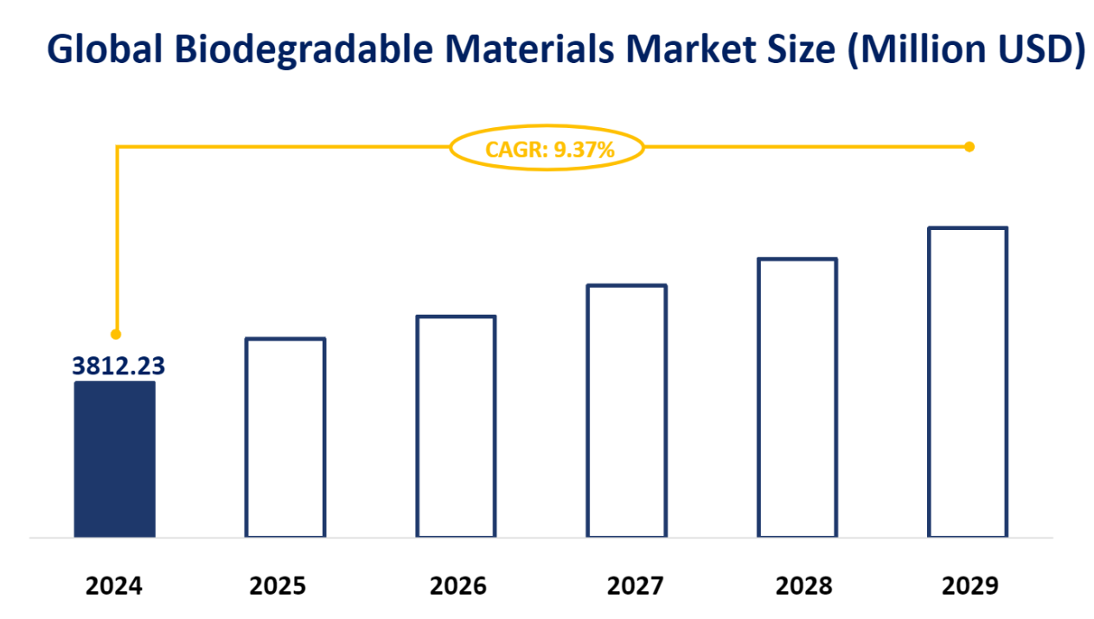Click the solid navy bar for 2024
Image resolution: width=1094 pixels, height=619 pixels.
(x=115, y=459)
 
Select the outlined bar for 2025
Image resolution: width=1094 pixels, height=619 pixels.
(x=285, y=437)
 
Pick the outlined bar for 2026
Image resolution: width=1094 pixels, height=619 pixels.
(x=456, y=426)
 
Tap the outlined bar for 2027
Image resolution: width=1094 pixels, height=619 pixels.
(x=627, y=411)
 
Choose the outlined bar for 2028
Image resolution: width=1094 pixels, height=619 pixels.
(x=797, y=398)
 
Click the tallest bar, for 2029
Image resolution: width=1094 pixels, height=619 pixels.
(x=968, y=382)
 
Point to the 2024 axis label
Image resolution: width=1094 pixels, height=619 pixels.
(x=115, y=586)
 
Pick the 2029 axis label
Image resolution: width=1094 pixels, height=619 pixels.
(x=969, y=586)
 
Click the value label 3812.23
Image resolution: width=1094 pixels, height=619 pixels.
(x=118, y=366)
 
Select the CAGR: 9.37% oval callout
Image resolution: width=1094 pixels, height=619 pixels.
(x=547, y=148)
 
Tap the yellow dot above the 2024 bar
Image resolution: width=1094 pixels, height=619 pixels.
(x=116, y=334)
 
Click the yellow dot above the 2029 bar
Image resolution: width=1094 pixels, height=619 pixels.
(x=969, y=147)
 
